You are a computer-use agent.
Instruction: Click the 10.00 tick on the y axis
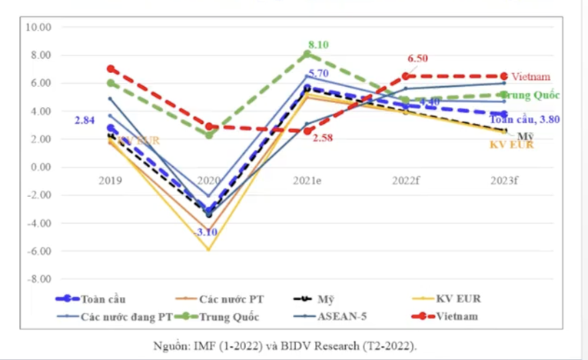[x=38, y=27]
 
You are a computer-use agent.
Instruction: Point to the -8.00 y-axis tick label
[x=38, y=278]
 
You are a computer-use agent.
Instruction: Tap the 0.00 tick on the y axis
[x=40, y=167]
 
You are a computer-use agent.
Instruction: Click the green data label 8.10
[x=318, y=45]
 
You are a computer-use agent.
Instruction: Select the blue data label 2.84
[x=85, y=121]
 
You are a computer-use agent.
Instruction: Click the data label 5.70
[x=318, y=74]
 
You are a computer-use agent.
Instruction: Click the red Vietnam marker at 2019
[x=111, y=68]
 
